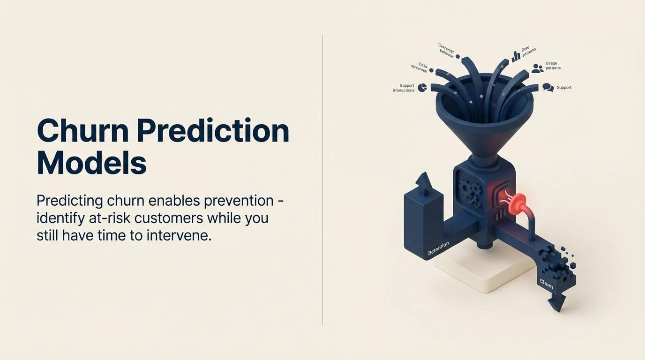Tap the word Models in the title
(x=91, y=163)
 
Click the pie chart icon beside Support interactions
(x=422, y=88)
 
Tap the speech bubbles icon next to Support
(x=548, y=88)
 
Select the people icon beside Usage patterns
(x=537, y=68)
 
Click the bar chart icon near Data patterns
(x=516, y=57)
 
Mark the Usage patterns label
(x=553, y=66)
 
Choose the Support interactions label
(x=404, y=88)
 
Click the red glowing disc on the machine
(x=517, y=205)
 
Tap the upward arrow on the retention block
(x=423, y=181)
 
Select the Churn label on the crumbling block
(x=546, y=284)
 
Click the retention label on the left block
(x=438, y=248)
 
